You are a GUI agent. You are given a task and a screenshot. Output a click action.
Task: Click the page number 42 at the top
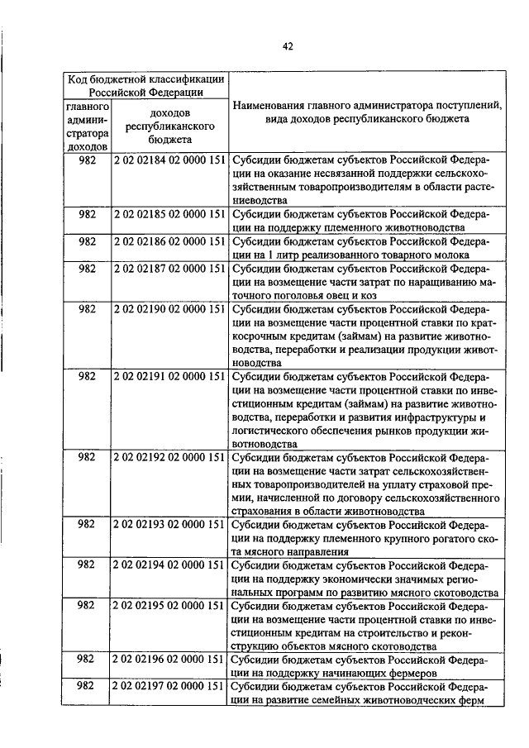click(x=287, y=46)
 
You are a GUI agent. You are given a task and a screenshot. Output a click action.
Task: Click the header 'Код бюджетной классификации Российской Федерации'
click(x=146, y=85)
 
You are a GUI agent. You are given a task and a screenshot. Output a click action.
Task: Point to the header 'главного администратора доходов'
click(x=87, y=126)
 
